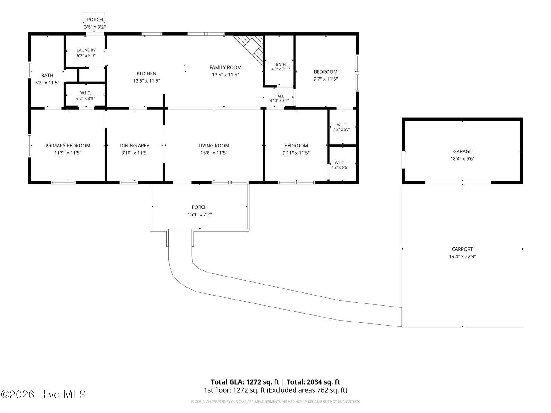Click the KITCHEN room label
point(146,73)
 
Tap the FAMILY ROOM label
point(225,67)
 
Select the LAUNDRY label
point(86,50)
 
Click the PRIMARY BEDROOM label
point(68,146)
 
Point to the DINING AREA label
point(135,146)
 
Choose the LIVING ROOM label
point(214,146)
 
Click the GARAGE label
point(462,151)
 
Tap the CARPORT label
point(462,249)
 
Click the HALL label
point(279,96)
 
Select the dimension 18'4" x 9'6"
point(462,159)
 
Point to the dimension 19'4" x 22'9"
point(462,257)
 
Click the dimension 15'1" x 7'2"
point(200,214)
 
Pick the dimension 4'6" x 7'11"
point(281,69)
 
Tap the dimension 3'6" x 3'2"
point(95,27)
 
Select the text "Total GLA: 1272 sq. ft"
point(245,382)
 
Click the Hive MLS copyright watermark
point(43,394)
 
